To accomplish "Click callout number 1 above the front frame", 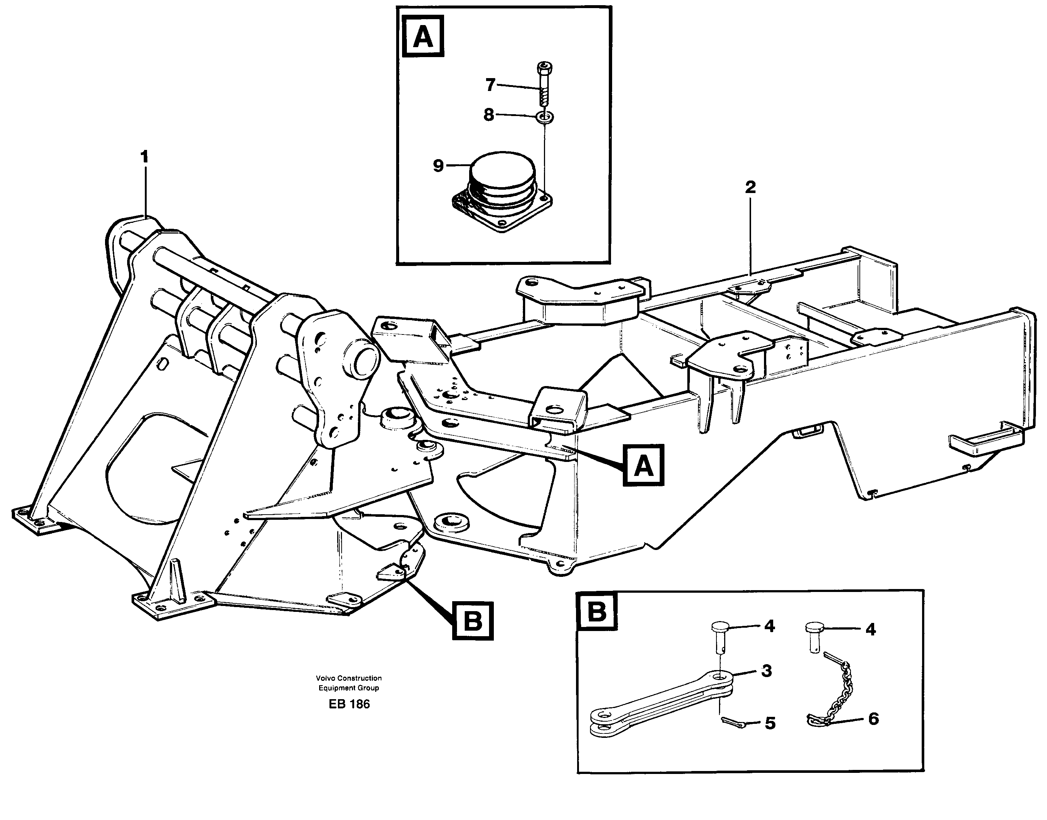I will (x=144, y=157).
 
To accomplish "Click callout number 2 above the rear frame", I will (x=750, y=187).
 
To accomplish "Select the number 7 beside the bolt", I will (x=490, y=85).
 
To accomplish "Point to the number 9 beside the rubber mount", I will (x=438, y=166).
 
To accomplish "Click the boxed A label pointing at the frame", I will (x=643, y=465).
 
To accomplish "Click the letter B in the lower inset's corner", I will (x=597, y=612).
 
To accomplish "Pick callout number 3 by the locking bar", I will (x=767, y=671).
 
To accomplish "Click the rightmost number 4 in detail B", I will (x=870, y=630).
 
